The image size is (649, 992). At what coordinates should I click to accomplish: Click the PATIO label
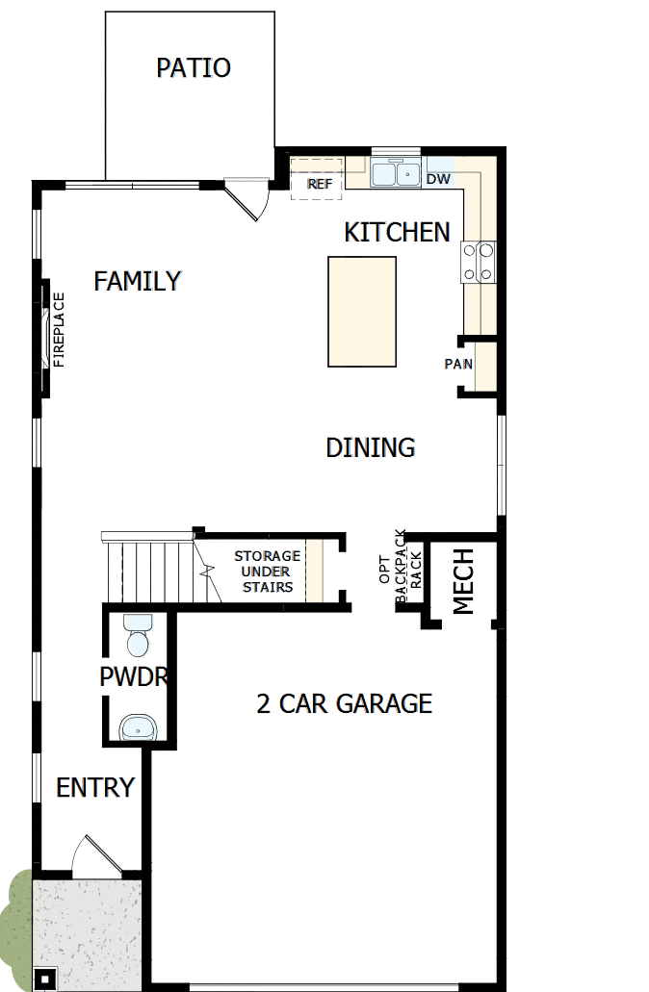click(x=194, y=68)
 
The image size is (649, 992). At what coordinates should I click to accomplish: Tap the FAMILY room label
click(x=138, y=281)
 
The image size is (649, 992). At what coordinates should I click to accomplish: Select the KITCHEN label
click(x=397, y=232)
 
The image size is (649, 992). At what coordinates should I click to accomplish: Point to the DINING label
click(x=371, y=447)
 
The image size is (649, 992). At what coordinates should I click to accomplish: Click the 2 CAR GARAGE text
click(x=344, y=703)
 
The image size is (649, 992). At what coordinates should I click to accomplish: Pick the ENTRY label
click(x=95, y=788)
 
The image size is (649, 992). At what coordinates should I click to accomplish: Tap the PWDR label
click(x=134, y=676)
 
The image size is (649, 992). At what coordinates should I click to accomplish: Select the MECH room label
click(x=464, y=581)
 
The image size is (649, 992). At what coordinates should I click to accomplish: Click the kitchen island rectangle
click(x=361, y=311)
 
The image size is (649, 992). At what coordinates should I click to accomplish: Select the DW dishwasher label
click(x=438, y=179)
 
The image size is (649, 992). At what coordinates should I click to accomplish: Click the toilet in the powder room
click(x=138, y=638)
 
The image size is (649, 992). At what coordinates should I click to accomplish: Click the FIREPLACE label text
click(x=58, y=330)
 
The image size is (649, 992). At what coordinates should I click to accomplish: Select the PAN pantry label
click(x=457, y=364)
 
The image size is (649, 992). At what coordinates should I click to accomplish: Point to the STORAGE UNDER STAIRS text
click(x=267, y=572)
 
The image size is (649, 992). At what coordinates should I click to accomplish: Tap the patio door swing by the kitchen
click(x=248, y=200)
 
